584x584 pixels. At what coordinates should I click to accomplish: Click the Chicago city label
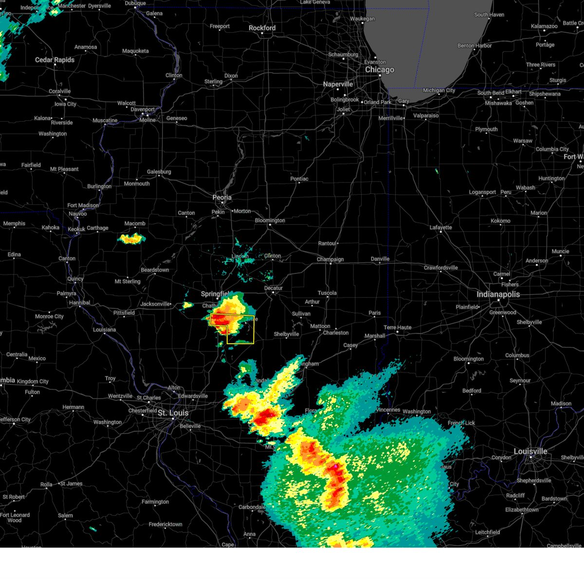click(x=380, y=70)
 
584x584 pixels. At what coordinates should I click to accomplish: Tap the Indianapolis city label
click(x=498, y=294)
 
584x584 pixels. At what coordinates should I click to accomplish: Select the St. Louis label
click(x=173, y=413)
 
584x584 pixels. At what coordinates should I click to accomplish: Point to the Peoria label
click(x=222, y=198)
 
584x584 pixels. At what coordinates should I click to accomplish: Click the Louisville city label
click(x=530, y=451)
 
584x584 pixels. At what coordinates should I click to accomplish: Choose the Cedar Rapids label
click(x=55, y=60)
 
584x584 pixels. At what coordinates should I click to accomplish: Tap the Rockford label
click(x=262, y=28)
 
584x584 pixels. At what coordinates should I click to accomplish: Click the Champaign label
click(x=330, y=259)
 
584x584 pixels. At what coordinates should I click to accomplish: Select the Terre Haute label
click(x=397, y=328)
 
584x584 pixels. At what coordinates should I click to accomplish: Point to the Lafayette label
click(x=440, y=227)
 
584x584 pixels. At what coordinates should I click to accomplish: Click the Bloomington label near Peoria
click(x=270, y=220)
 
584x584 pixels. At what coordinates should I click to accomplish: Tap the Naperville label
click(x=338, y=84)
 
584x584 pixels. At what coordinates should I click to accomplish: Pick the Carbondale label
click(x=252, y=507)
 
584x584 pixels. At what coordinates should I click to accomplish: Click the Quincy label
click(x=75, y=279)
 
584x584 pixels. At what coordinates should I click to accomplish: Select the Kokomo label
click(x=500, y=220)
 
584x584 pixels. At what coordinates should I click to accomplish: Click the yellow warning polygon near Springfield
click(x=241, y=336)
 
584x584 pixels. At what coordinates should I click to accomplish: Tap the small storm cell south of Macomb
click(x=131, y=238)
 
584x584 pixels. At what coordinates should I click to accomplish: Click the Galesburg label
click(x=159, y=172)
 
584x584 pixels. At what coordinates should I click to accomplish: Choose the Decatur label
click(x=273, y=288)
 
